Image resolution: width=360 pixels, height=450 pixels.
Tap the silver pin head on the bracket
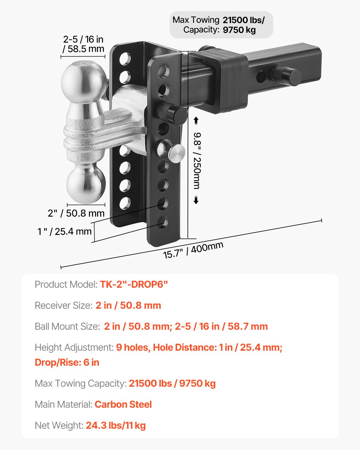point(176,152)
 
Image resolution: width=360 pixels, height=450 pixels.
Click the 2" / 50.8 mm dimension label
point(76,213)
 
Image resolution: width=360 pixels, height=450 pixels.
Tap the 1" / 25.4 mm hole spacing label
point(64,231)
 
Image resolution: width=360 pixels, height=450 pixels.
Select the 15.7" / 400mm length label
point(193,250)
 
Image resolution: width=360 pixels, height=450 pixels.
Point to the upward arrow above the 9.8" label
point(196,121)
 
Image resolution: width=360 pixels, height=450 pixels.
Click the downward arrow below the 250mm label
point(196,200)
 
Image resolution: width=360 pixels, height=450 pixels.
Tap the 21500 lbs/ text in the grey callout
point(243,20)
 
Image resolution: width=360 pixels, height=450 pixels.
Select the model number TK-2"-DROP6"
point(134,284)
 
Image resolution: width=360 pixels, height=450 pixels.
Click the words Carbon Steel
point(123,404)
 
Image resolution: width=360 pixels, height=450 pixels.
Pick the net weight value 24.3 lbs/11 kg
point(115,425)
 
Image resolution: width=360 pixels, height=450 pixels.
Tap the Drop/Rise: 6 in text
point(67,362)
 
